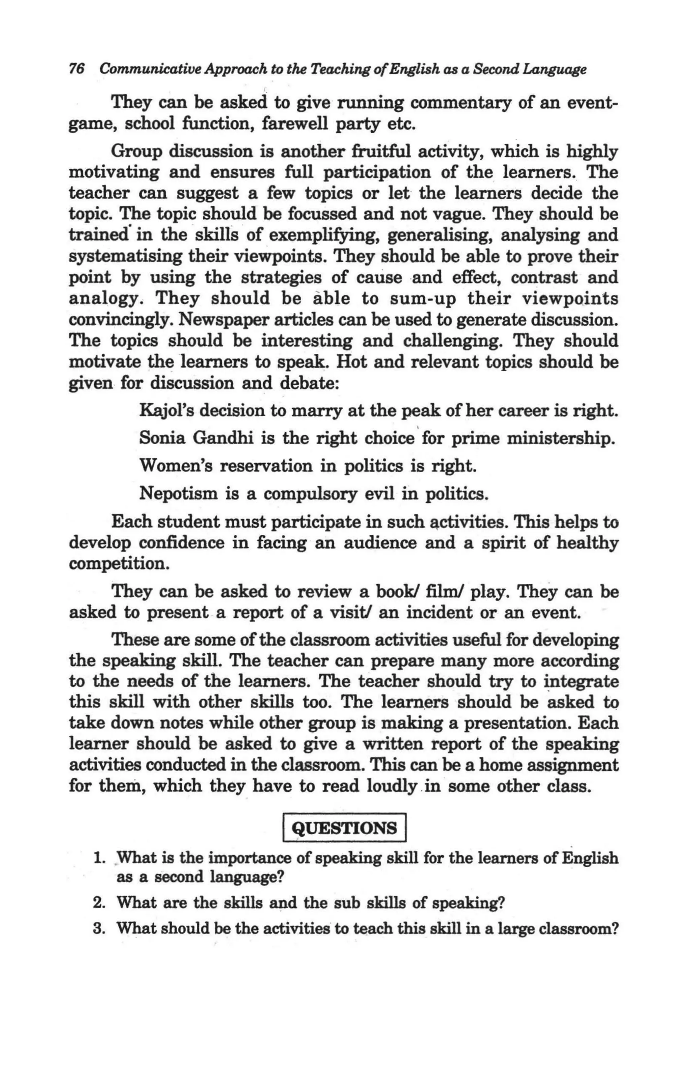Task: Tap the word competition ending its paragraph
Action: click(118, 564)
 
